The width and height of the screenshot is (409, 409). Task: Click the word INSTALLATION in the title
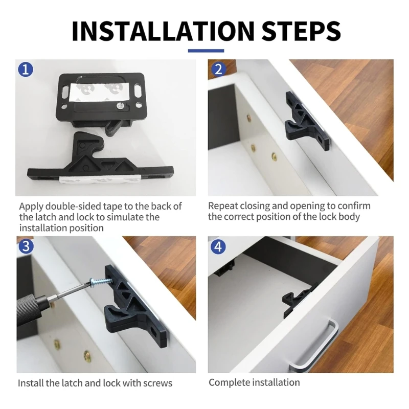(x=163, y=31)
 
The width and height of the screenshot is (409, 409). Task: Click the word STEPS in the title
(x=301, y=31)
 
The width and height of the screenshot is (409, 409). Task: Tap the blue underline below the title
(x=206, y=51)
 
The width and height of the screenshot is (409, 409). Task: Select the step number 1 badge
(x=26, y=70)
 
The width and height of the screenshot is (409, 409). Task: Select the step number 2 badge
(x=218, y=70)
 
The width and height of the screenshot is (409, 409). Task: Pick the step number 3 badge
(x=26, y=246)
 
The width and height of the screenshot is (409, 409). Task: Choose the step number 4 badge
(x=218, y=247)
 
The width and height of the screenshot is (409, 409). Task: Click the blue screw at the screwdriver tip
(x=101, y=282)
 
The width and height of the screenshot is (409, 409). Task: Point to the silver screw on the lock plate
(x=120, y=106)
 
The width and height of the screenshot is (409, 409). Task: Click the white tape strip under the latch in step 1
(x=100, y=180)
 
